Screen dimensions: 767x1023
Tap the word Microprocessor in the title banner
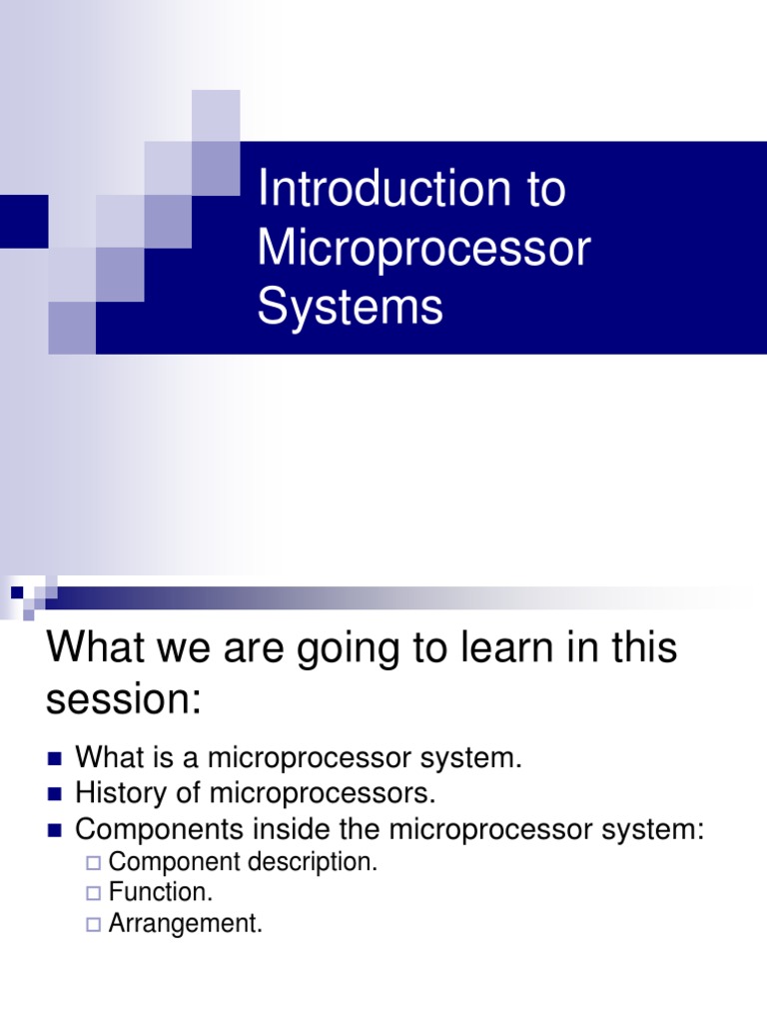point(423,248)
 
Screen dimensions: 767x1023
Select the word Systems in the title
point(351,307)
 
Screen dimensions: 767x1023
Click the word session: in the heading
point(123,698)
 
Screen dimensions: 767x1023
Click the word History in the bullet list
point(121,794)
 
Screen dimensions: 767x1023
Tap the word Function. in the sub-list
point(161,892)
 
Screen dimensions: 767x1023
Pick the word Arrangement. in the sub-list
point(185,924)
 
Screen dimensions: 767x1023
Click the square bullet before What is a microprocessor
point(55,759)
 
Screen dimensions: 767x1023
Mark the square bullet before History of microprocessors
point(55,794)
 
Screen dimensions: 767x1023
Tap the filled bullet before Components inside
point(55,831)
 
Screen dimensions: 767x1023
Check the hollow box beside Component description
point(93,863)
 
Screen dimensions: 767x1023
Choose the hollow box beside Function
point(93,893)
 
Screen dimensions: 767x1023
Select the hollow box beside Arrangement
point(93,924)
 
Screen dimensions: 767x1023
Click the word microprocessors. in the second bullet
point(323,794)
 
